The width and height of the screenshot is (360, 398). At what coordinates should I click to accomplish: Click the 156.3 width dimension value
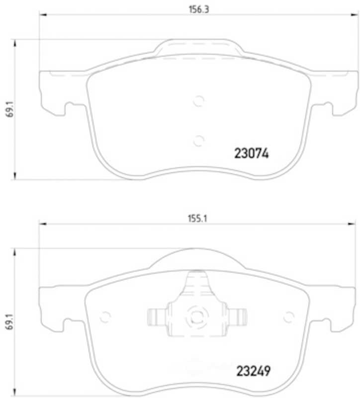click(x=199, y=9)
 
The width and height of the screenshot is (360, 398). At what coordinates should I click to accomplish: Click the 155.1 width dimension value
click(x=197, y=218)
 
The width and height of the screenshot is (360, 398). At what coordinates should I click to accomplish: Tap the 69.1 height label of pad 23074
click(x=10, y=109)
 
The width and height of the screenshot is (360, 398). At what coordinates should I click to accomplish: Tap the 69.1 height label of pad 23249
click(x=10, y=321)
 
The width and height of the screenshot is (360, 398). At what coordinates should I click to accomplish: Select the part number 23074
click(x=251, y=153)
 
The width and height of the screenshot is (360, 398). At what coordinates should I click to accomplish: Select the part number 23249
click(x=253, y=371)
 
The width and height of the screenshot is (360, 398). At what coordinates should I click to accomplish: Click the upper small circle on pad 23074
click(x=198, y=101)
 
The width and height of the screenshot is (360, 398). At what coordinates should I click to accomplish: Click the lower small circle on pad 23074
click(x=198, y=140)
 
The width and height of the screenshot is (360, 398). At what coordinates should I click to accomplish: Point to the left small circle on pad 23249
click(x=105, y=317)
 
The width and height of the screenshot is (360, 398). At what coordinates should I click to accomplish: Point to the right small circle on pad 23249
click(x=288, y=317)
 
